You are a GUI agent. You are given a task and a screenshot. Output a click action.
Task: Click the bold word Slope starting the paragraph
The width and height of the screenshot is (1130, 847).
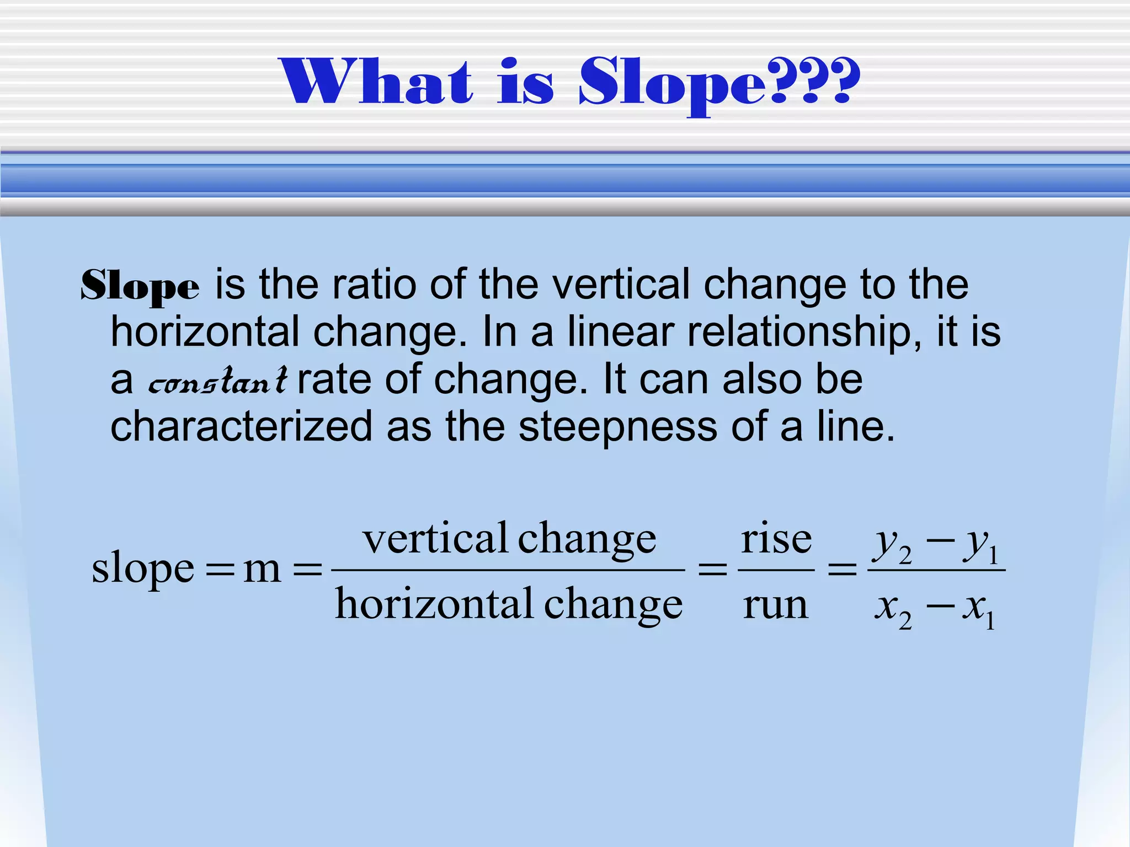click(140, 286)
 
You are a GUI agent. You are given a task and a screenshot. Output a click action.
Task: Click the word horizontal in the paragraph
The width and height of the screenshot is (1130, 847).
click(205, 332)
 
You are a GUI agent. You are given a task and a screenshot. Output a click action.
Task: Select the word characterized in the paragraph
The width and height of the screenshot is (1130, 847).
click(242, 427)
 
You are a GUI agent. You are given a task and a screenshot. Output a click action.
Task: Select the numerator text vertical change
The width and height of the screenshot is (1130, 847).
click(509, 539)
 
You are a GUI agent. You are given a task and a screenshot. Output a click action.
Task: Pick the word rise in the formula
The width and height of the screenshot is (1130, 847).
click(776, 539)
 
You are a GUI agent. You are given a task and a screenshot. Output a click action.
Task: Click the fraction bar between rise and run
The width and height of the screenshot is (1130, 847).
click(776, 570)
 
